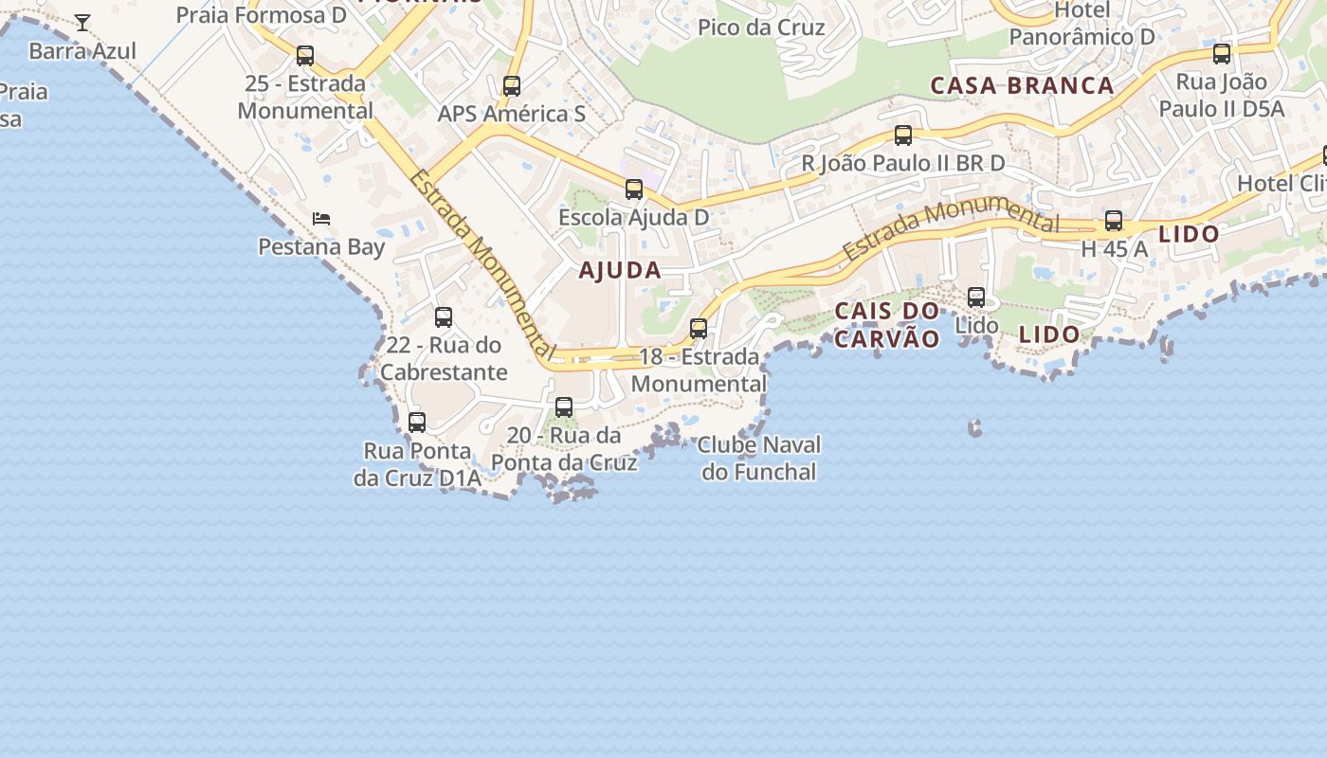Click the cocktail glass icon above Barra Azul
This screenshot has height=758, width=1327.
(x=82, y=22)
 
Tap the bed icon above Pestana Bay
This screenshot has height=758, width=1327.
(x=321, y=219)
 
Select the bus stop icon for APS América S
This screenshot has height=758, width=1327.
(x=512, y=86)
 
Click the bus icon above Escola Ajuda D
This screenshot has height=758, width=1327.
(x=634, y=189)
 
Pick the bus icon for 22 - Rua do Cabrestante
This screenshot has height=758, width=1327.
(x=444, y=317)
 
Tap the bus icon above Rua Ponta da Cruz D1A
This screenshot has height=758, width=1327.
(x=417, y=423)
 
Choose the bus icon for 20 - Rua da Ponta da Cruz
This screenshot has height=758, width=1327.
(x=564, y=407)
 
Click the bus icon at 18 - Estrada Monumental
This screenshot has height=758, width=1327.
(x=699, y=329)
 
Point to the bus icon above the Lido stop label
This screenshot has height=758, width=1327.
(x=976, y=298)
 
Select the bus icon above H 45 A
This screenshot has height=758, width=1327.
(x=1114, y=221)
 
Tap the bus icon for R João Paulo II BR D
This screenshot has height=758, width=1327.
(x=903, y=135)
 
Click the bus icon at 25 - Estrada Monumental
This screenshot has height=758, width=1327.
(x=305, y=56)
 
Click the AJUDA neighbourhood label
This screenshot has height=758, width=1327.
(x=620, y=270)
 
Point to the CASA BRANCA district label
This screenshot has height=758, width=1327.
(x=1022, y=85)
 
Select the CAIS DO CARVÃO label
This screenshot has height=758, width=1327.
(x=887, y=325)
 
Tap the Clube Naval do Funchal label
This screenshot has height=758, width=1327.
(x=759, y=458)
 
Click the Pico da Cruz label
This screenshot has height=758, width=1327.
(x=761, y=27)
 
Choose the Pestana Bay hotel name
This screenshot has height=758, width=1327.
(x=322, y=247)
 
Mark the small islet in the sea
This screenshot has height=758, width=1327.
(x=974, y=428)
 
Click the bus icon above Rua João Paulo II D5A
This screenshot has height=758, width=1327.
(x=1222, y=54)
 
